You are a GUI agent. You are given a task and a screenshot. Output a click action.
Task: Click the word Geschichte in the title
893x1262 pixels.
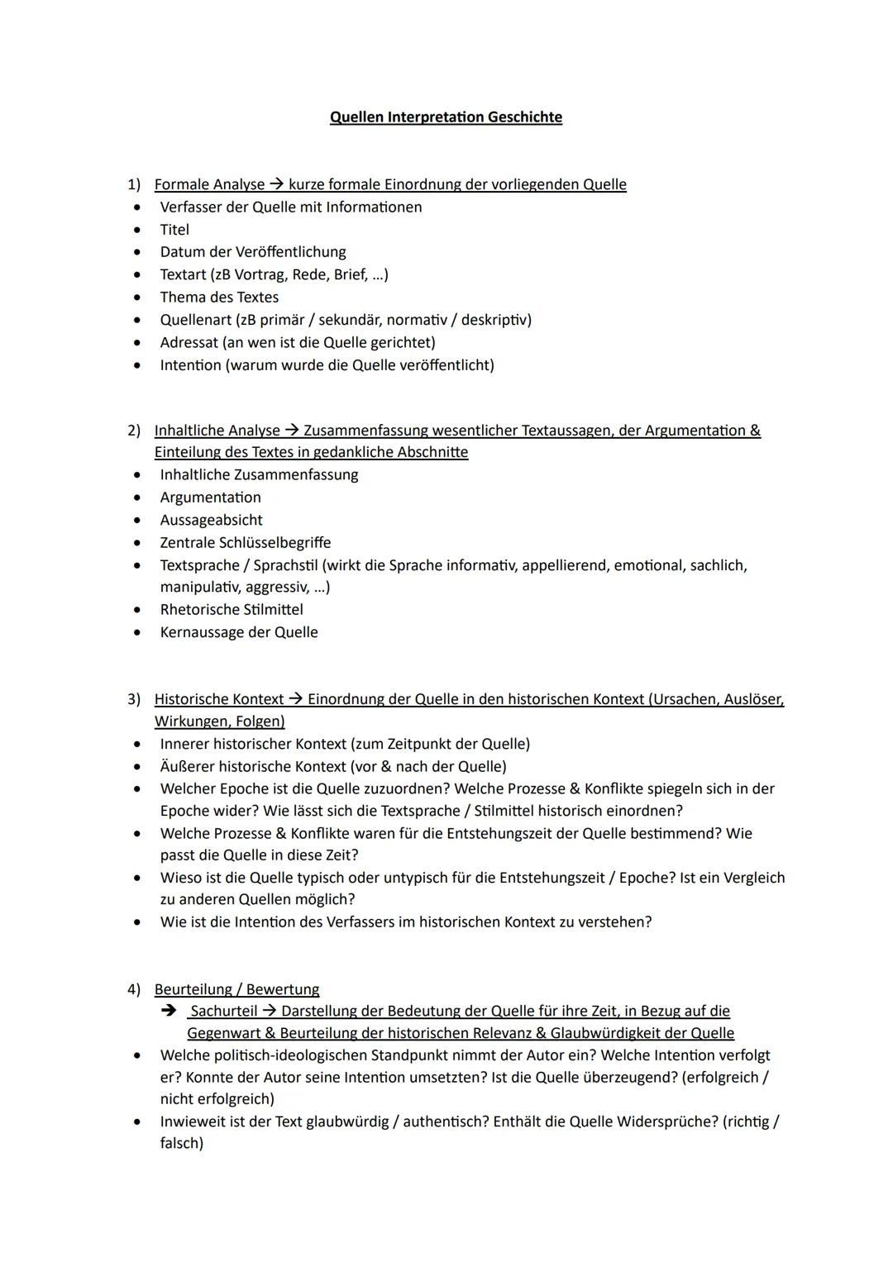pyautogui.click(x=524, y=117)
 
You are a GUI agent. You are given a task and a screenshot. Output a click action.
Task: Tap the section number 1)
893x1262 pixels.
pyautogui.click(x=134, y=184)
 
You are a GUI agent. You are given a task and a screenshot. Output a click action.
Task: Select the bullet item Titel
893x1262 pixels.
pyautogui.click(x=174, y=230)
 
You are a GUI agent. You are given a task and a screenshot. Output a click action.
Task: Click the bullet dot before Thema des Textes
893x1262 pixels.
pyautogui.click(x=137, y=298)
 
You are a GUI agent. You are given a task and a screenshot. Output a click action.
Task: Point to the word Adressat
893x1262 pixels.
pyautogui.click(x=189, y=342)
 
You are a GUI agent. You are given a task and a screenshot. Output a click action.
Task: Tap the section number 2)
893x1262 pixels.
pyautogui.click(x=134, y=431)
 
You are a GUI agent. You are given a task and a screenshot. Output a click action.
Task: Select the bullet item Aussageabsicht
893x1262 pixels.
pyautogui.click(x=211, y=520)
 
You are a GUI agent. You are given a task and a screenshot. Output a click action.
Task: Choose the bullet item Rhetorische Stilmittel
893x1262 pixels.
pyautogui.click(x=232, y=610)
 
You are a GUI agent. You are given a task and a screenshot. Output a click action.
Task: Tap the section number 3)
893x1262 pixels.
pyautogui.click(x=134, y=699)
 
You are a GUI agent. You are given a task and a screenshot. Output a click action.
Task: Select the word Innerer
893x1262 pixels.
pyautogui.click(x=184, y=744)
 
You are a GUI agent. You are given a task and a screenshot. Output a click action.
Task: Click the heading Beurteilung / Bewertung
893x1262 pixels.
pyautogui.click(x=236, y=989)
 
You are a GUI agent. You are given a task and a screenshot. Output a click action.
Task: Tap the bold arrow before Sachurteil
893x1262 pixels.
pyautogui.click(x=169, y=1011)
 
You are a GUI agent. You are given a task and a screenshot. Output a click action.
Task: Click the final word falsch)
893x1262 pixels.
pyautogui.click(x=182, y=1144)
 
